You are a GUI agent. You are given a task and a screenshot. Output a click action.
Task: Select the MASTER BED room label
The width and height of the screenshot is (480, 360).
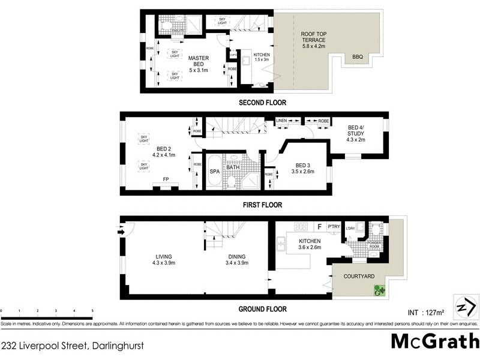tap(199, 62)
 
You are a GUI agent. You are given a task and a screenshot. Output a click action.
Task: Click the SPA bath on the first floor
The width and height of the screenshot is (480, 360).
tap(214, 171)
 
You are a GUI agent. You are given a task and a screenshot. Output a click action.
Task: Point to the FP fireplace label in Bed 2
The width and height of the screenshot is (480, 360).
tap(166, 179)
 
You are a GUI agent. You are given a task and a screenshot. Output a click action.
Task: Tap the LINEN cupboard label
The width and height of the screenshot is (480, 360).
tap(282, 121)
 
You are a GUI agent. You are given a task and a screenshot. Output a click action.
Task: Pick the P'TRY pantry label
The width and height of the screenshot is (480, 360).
tap(334, 227)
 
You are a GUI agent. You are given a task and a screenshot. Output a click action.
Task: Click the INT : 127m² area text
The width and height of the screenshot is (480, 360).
tap(425, 312)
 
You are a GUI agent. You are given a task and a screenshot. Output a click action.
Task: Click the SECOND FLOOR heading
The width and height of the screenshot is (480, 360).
tap(262, 103)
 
